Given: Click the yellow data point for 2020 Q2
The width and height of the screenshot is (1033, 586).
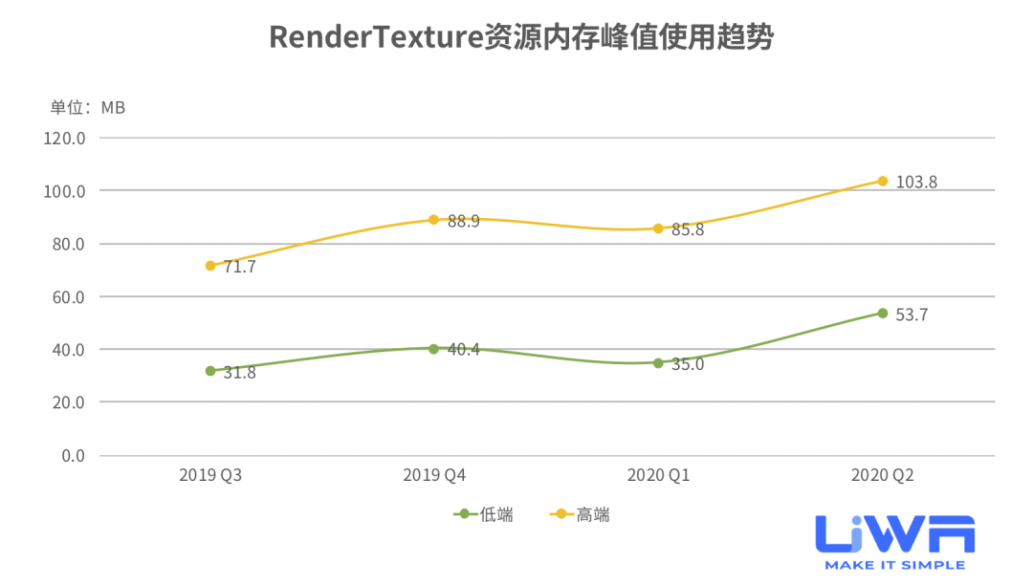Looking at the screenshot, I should pyautogui.click(x=883, y=181).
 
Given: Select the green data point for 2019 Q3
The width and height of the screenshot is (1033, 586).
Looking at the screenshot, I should pyautogui.click(x=210, y=371).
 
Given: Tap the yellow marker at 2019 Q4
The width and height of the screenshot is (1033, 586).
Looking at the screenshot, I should pyautogui.click(x=433, y=220).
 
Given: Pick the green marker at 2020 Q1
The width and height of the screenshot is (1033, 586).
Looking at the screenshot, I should pyautogui.click(x=658, y=363).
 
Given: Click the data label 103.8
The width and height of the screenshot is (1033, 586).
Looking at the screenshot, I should pyautogui.click(x=916, y=182).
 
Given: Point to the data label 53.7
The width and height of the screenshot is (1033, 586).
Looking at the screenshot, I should pyautogui.click(x=912, y=315).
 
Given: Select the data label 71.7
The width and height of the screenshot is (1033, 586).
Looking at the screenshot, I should pyautogui.click(x=239, y=267).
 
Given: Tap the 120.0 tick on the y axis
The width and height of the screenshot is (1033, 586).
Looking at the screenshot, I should pyautogui.click(x=65, y=138).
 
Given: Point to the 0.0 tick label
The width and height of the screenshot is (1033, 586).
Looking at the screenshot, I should pyautogui.click(x=73, y=455).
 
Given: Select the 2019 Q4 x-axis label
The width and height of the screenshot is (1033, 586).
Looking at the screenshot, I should pyautogui.click(x=434, y=475).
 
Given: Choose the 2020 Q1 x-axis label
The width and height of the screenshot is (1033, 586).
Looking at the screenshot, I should pyautogui.click(x=658, y=475).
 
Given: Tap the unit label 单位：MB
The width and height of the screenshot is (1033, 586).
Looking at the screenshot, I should pyautogui.click(x=88, y=107).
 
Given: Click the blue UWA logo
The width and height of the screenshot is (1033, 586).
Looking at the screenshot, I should pyautogui.click(x=895, y=533).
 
